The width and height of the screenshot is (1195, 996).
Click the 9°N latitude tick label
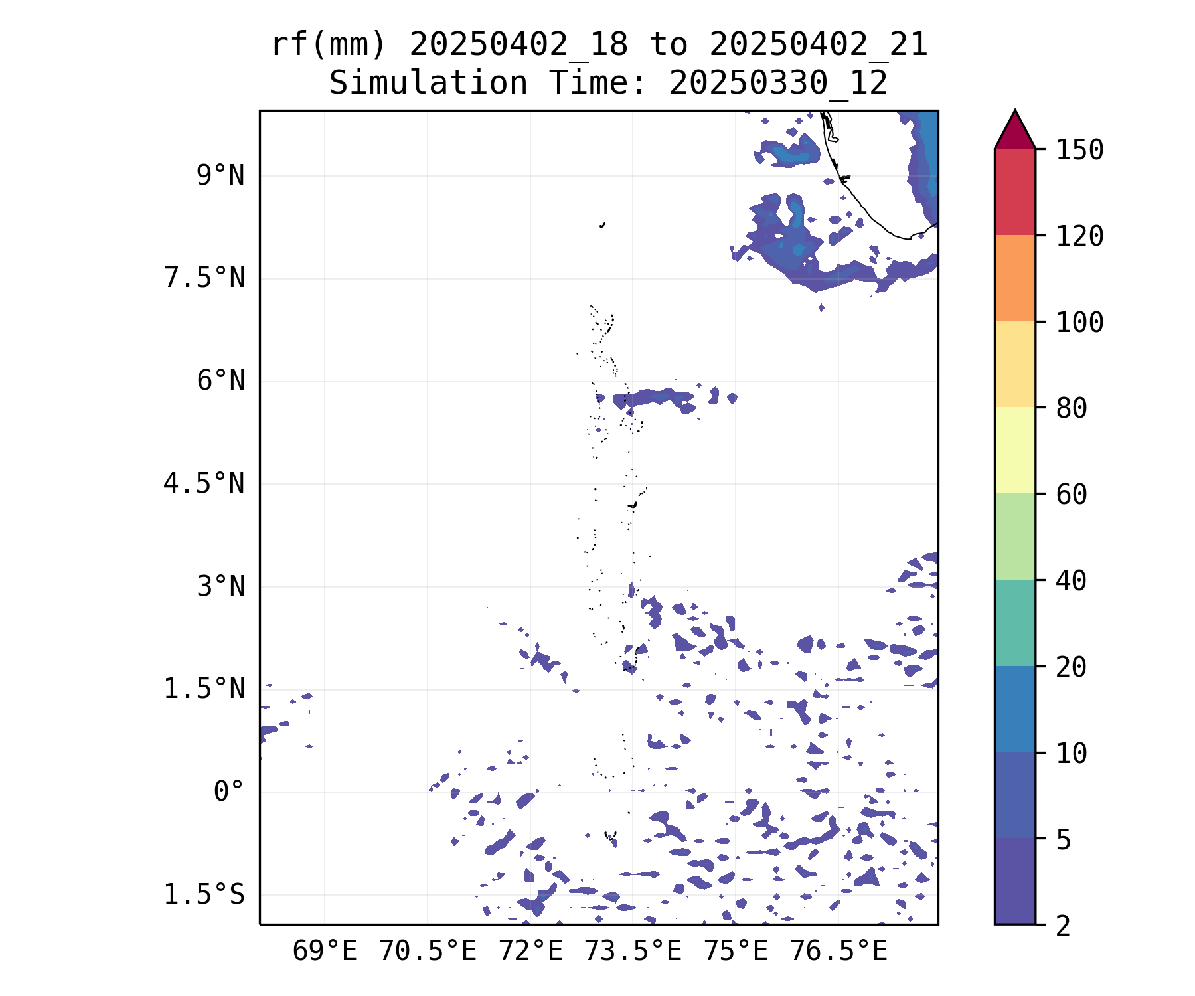click(220, 176)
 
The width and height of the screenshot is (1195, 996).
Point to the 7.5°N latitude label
click(204, 278)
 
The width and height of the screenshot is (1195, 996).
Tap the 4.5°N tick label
click(204, 483)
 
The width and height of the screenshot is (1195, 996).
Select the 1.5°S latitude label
click(204, 894)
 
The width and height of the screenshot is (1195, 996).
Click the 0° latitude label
click(228, 791)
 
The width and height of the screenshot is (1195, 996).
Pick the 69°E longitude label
click(325, 951)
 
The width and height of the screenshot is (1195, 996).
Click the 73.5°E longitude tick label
click(633, 951)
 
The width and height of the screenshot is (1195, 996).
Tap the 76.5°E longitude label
click(838, 951)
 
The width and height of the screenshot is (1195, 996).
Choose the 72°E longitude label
click(530, 951)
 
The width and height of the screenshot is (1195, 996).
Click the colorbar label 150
click(1079, 150)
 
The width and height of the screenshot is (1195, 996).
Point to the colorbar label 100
click(1079, 323)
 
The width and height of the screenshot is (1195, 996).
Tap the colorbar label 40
click(1072, 581)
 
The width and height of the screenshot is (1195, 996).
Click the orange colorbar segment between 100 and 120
click(1014, 278)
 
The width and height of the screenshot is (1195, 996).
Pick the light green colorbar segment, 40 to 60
click(1014, 536)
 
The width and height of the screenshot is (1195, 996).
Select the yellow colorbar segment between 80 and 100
click(1014, 364)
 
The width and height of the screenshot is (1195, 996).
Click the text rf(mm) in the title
click(329, 45)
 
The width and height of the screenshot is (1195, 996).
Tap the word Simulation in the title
click(428, 83)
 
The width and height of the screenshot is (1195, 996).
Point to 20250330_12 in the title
click(778, 83)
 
